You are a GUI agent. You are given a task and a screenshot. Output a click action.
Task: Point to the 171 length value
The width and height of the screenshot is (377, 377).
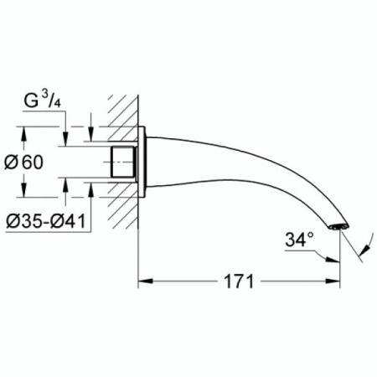pyautogui.click(x=240, y=281)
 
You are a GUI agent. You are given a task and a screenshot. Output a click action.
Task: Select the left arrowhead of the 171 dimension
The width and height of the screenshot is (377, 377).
pyautogui.click(x=143, y=281)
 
